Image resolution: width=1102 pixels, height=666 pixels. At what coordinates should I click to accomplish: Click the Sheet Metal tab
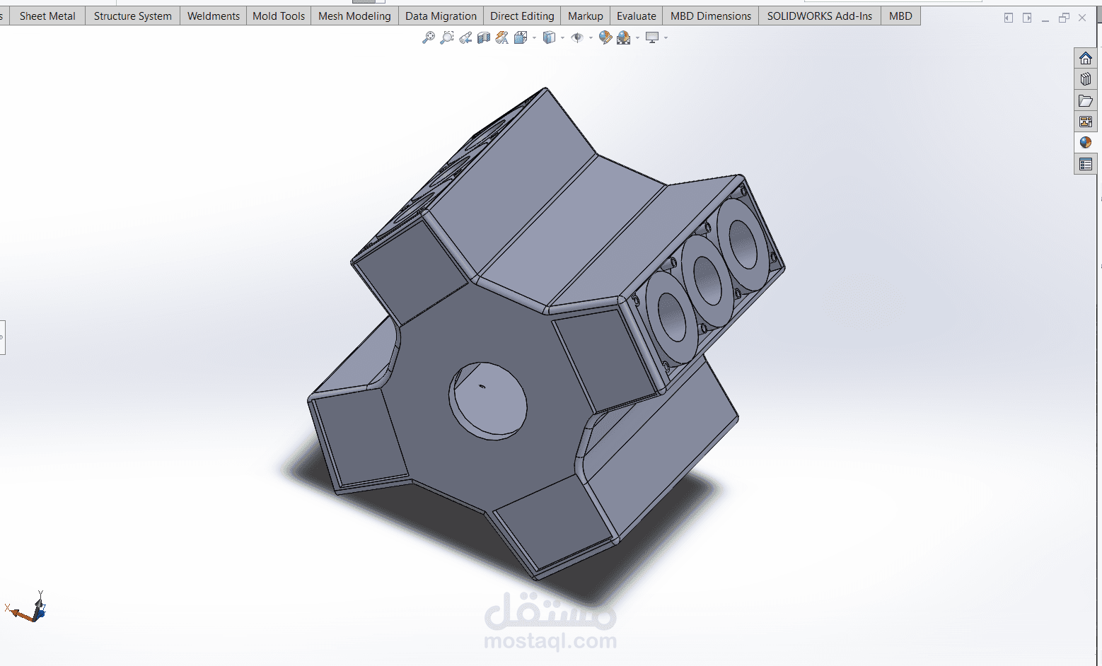pos(47,16)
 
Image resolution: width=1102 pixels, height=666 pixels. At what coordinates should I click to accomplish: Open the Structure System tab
pos(133,16)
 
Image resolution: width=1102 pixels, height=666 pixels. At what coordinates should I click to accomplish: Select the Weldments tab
pos(214,16)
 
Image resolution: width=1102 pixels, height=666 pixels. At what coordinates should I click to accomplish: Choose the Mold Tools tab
pos(279,16)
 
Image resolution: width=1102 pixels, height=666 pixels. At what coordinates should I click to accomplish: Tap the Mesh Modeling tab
pos(354,16)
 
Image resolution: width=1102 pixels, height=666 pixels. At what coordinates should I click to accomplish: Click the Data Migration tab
pos(441,16)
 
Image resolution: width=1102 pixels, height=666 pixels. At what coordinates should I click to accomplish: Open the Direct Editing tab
pos(522,16)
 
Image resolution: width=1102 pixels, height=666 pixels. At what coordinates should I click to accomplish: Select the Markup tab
pos(586,16)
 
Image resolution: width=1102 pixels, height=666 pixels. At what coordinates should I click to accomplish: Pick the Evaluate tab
pos(637,16)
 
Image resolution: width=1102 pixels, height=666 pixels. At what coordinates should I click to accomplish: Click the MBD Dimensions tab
pos(711,16)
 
